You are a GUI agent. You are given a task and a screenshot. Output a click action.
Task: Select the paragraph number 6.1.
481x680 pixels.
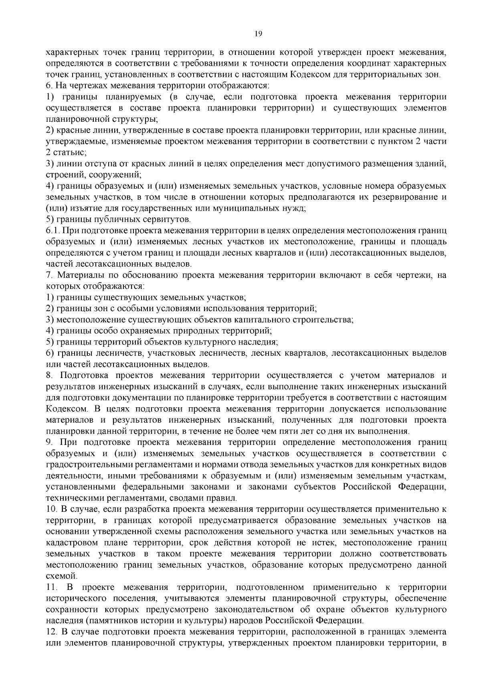point(53,231)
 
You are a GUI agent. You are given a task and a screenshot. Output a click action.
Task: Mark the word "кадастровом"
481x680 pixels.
point(70,543)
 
